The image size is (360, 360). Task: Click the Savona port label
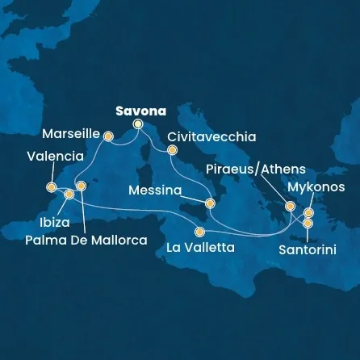tap(141, 110)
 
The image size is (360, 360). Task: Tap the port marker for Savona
tap(138, 124)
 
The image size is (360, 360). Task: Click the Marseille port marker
tap(108, 136)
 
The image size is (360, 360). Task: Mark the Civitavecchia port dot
tap(171, 149)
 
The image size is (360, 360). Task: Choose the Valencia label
tap(55, 156)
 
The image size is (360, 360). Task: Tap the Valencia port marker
tap(52, 187)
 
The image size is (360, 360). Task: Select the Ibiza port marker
tap(69, 195)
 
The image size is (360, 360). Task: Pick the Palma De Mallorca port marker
tap(81, 186)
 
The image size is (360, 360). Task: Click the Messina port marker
tap(210, 203)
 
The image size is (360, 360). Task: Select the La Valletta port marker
tap(199, 232)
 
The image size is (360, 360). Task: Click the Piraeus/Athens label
tap(256, 169)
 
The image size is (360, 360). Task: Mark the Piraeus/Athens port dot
tap(290, 206)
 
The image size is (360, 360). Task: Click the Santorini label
tap(308, 250)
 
